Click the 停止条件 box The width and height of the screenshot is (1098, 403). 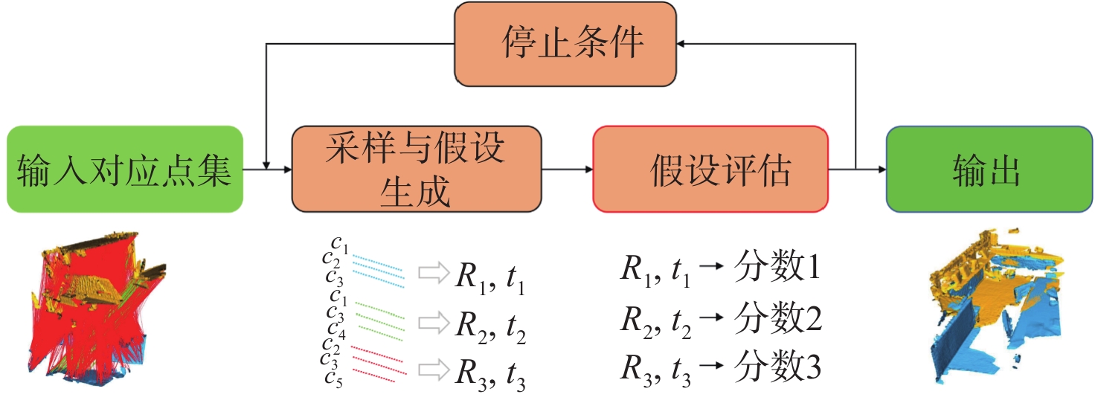pyautogui.click(x=565, y=43)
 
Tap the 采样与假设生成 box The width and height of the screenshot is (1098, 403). pyautogui.click(x=417, y=169)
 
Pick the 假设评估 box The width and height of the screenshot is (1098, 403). pyautogui.click(x=710, y=170)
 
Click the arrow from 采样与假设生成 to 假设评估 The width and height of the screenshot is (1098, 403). pyautogui.click(x=567, y=170)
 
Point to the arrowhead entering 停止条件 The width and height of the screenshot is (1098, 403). pyautogui.click(x=683, y=43)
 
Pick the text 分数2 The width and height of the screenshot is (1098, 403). pyautogui.click(x=777, y=320)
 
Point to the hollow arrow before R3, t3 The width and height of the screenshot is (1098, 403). pyautogui.click(x=431, y=369)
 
